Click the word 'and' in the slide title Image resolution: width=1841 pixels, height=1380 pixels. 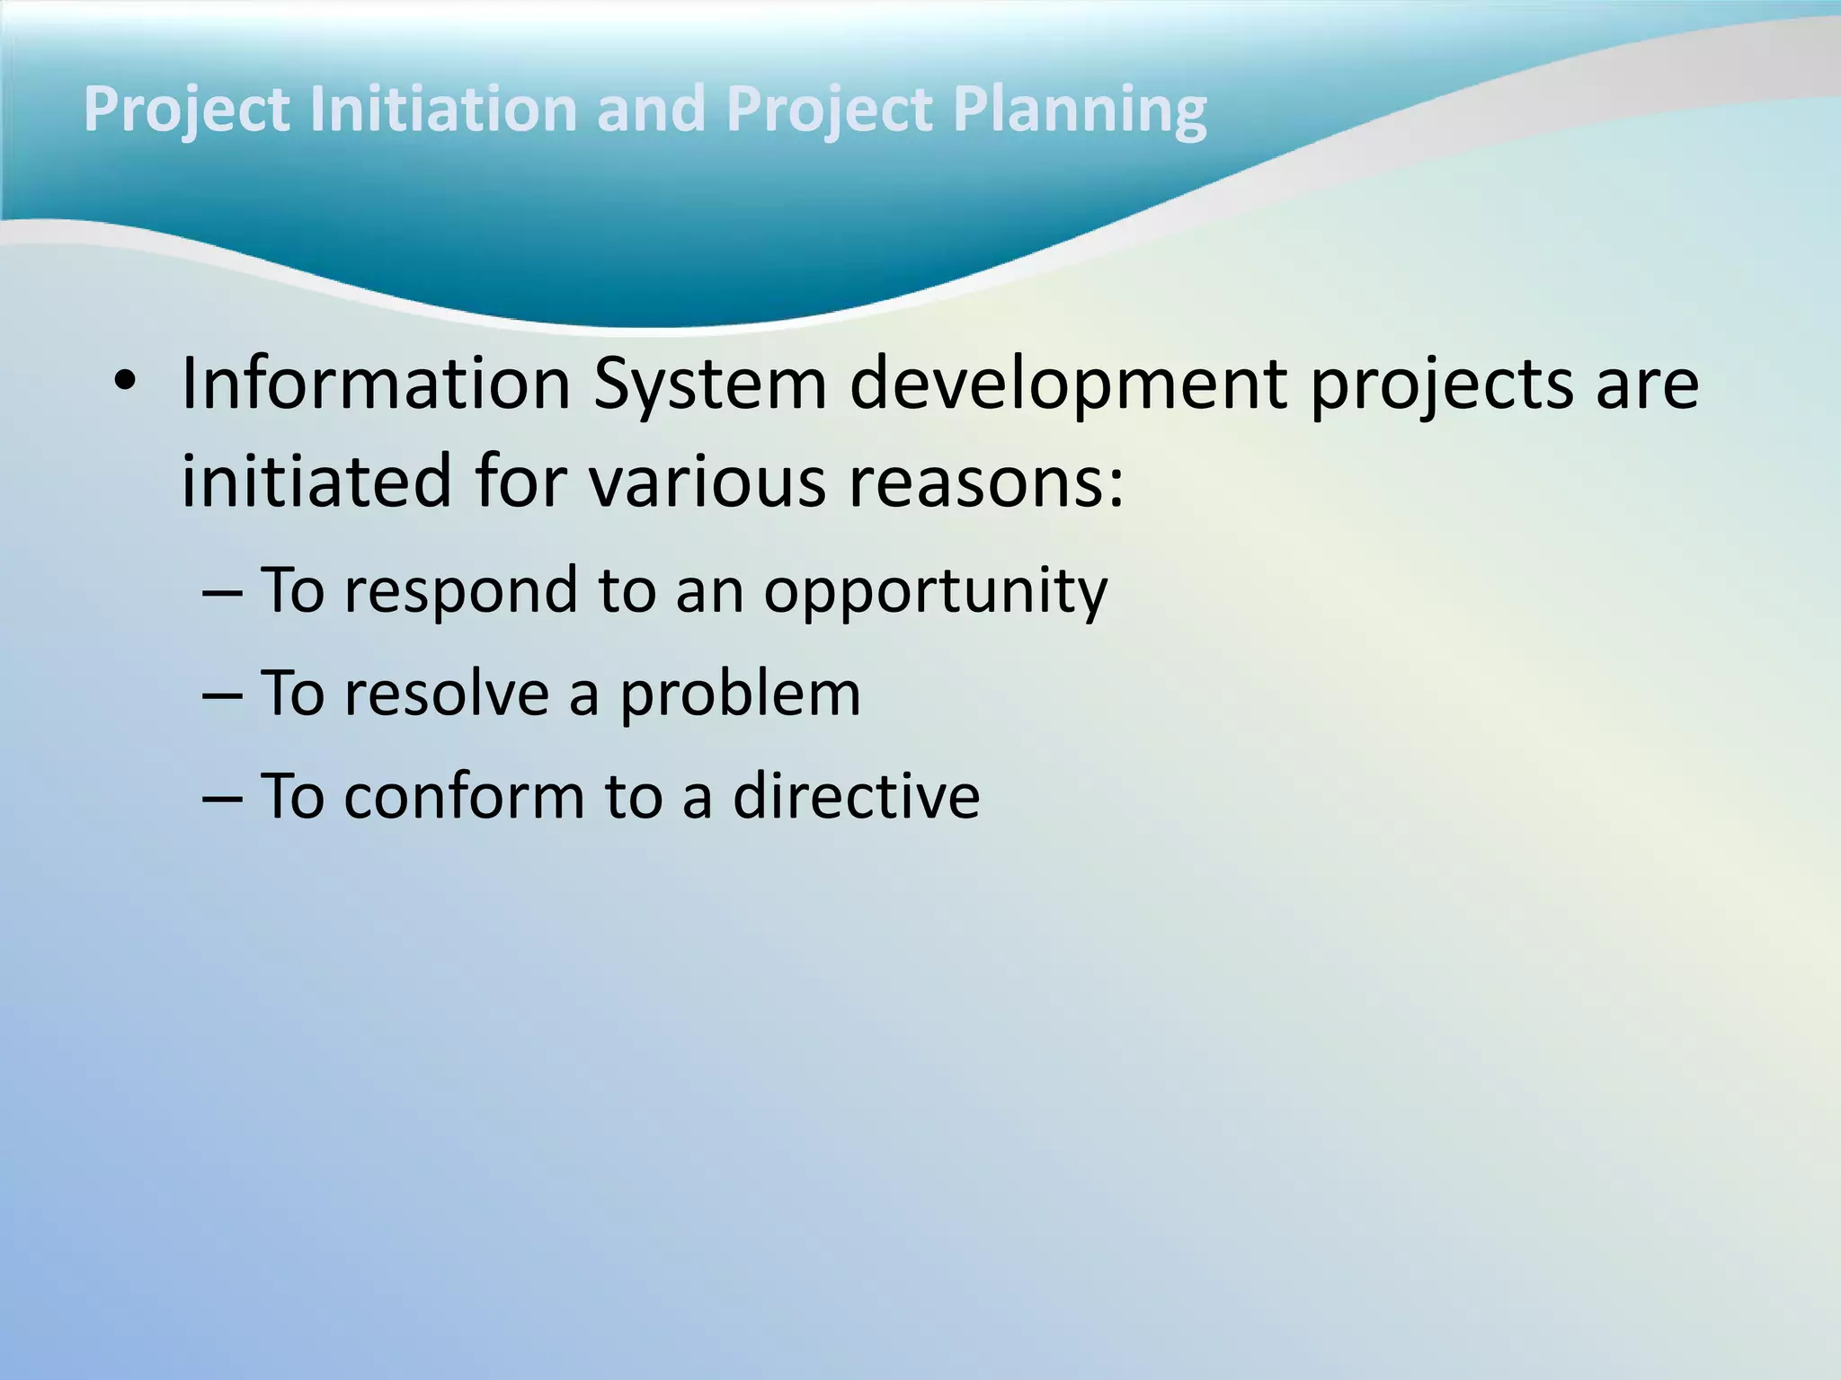(651, 110)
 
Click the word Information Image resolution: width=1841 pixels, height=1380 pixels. (376, 385)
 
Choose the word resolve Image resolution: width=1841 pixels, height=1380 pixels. (446, 694)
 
